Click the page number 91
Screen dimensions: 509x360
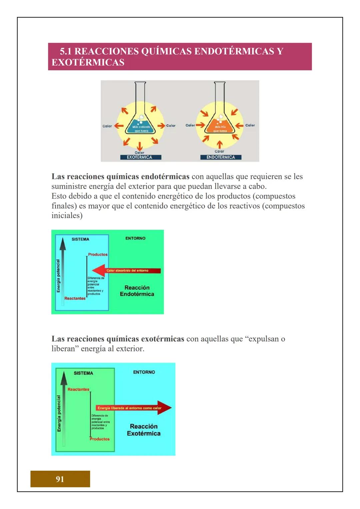click(x=60, y=479)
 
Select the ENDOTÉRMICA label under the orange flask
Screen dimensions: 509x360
click(x=220, y=157)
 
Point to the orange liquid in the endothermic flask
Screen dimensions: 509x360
click(x=220, y=128)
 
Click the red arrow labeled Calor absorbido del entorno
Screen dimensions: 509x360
click(x=127, y=270)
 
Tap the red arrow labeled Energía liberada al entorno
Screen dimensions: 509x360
click(x=133, y=408)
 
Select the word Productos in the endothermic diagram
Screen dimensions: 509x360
click(x=98, y=254)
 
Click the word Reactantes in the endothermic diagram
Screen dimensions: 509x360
click(x=75, y=298)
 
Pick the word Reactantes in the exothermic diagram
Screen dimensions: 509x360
click(x=78, y=389)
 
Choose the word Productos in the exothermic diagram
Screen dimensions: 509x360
click(x=99, y=439)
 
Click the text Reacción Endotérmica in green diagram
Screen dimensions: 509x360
click(x=137, y=291)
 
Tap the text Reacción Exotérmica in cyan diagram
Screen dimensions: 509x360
click(x=144, y=430)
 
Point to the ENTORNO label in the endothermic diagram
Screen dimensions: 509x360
click(x=135, y=238)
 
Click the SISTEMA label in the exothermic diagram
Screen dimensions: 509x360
click(x=83, y=373)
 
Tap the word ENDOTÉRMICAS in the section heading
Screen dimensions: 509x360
click(x=234, y=51)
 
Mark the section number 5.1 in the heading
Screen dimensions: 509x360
click(x=66, y=51)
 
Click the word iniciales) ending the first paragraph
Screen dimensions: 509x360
click(x=67, y=215)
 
